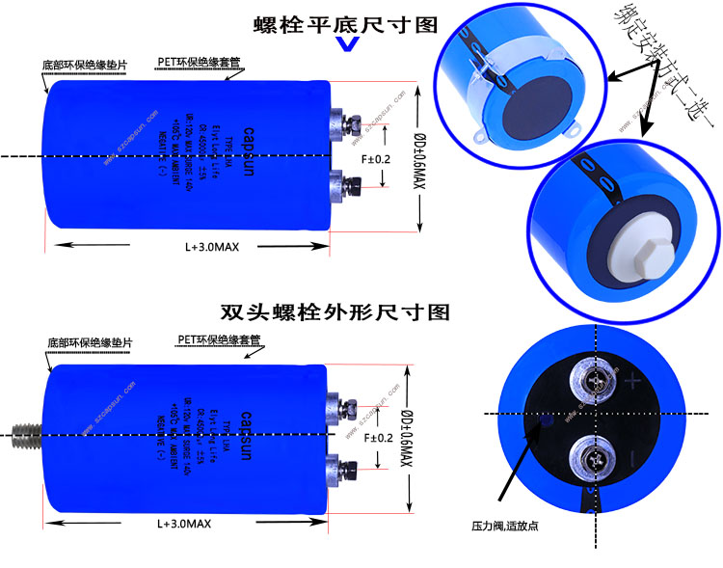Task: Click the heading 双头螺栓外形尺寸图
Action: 335,312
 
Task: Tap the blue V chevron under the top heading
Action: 347,45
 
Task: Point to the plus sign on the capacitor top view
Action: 633,382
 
